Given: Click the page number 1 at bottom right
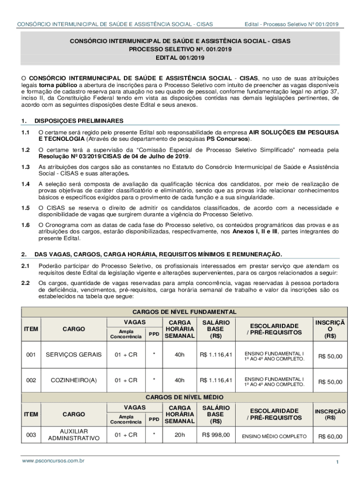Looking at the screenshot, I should (x=337, y=462).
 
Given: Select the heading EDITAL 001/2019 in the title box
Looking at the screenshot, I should (x=180, y=58).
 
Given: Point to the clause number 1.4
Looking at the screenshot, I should (x=25, y=184).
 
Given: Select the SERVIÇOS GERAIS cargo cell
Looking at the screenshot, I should (x=73, y=355).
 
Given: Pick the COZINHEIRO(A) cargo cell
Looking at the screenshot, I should (x=73, y=380).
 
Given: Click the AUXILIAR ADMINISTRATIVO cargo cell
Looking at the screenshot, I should (x=73, y=435).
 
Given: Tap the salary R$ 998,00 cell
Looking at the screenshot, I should (x=216, y=435).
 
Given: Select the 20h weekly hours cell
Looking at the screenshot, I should (x=180, y=435).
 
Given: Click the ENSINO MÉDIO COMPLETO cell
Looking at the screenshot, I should (x=274, y=437).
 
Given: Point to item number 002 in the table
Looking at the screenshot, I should (x=31, y=380).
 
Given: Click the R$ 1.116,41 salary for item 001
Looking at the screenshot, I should (x=216, y=355).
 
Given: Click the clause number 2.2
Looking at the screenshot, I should (x=25, y=283).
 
